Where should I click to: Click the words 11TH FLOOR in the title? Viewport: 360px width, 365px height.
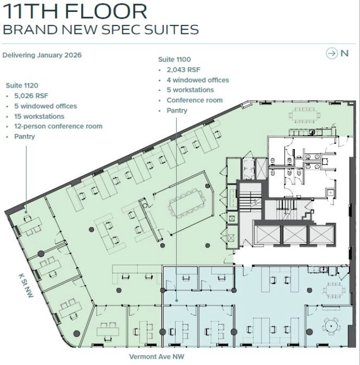75,11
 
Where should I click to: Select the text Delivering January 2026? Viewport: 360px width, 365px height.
42,55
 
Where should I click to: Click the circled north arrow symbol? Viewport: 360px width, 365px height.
331,53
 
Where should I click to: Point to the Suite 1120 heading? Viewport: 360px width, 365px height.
22,84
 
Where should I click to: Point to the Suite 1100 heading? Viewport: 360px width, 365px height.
175,59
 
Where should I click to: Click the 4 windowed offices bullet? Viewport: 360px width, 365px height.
198,80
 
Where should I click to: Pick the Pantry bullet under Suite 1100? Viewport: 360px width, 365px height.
177,111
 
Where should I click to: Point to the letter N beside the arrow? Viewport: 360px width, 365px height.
344,53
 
